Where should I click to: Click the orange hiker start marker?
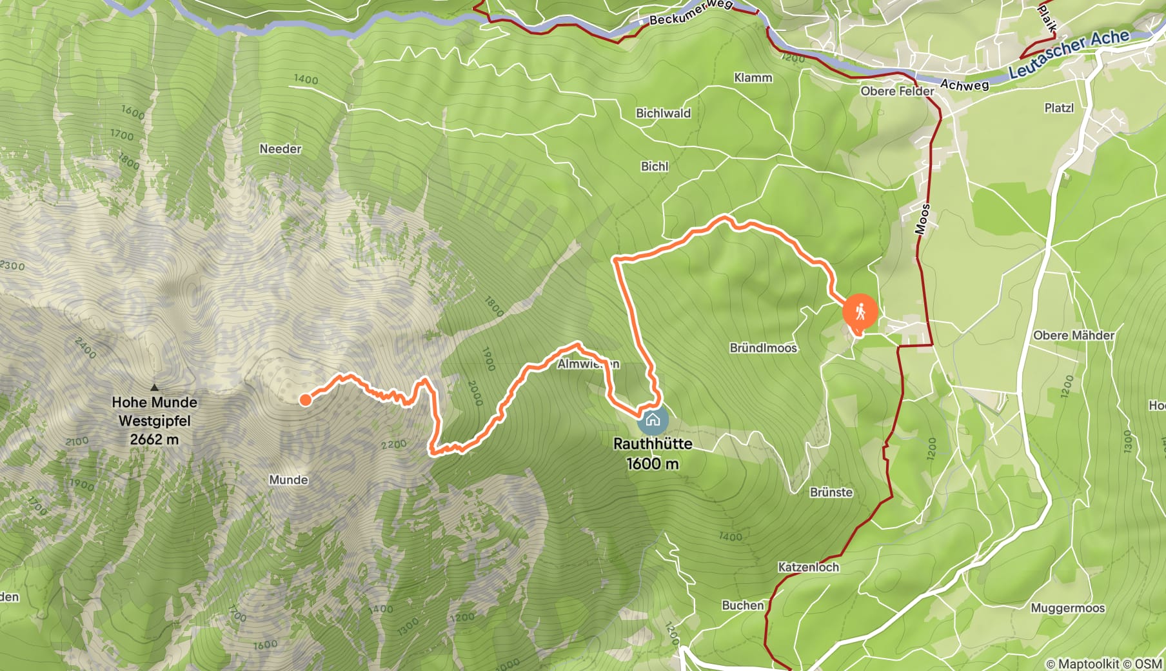(x=860, y=312)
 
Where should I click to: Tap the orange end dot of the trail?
(x=305, y=400)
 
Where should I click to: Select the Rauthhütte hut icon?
(x=653, y=421)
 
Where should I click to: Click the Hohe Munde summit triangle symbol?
(x=154, y=388)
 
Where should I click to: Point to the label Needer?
(x=281, y=149)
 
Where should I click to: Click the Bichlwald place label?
(x=663, y=114)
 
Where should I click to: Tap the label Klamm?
(x=753, y=77)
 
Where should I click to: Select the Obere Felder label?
(x=897, y=92)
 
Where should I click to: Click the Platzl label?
(x=1059, y=108)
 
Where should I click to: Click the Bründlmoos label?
(x=763, y=348)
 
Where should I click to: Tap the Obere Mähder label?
(x=1073, y=335)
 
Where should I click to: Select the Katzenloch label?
(x=808, y=567)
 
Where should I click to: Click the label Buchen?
(x=742, y=605)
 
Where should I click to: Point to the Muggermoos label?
(x=1067, y=608)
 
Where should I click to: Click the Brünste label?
(x=831, y=492)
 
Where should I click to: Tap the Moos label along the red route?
(x=923, y=219)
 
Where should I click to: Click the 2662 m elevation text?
(x=154, y=439)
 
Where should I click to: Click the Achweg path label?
(x=964, y=85)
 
